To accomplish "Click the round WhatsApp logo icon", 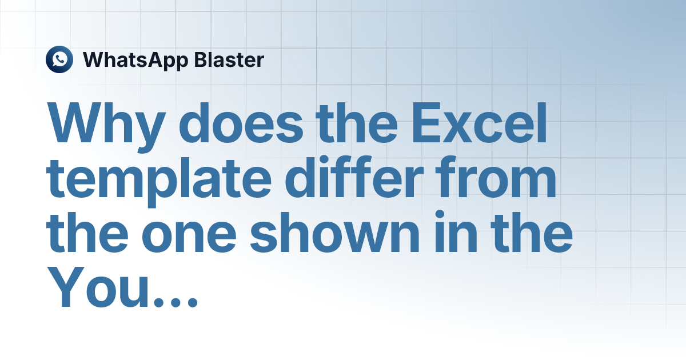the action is (x=59, y=59).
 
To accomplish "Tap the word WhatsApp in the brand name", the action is (x=135, y=61).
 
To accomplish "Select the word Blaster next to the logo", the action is (x=229, y=59).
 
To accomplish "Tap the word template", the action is (x=159, y=181).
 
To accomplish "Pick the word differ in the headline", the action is (x=354, y=178).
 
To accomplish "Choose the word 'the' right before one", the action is (x=87, y=232).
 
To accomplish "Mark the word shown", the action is (x=335, y=232).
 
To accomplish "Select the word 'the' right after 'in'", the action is (x=532, y=232).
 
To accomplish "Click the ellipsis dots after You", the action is (x=176, y=302).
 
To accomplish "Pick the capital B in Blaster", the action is (x=201, y=59).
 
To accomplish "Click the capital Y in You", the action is (x=66, y=287).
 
